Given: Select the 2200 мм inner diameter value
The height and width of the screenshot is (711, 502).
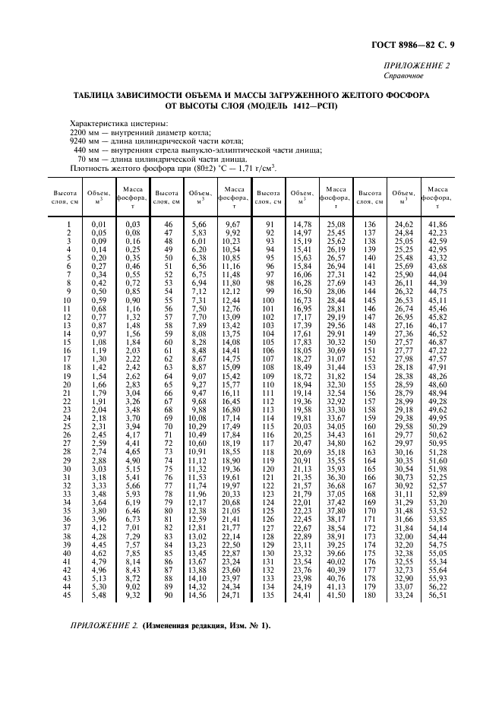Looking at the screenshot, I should tap(83, 131).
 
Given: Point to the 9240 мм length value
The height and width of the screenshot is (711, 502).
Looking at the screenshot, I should tap(83, 141).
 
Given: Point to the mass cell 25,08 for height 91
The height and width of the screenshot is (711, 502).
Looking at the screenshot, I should tap(334, 225).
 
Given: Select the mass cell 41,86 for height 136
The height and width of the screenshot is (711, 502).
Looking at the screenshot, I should tap(437, 225).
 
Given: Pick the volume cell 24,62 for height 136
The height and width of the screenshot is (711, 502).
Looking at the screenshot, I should tap(403, 225).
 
